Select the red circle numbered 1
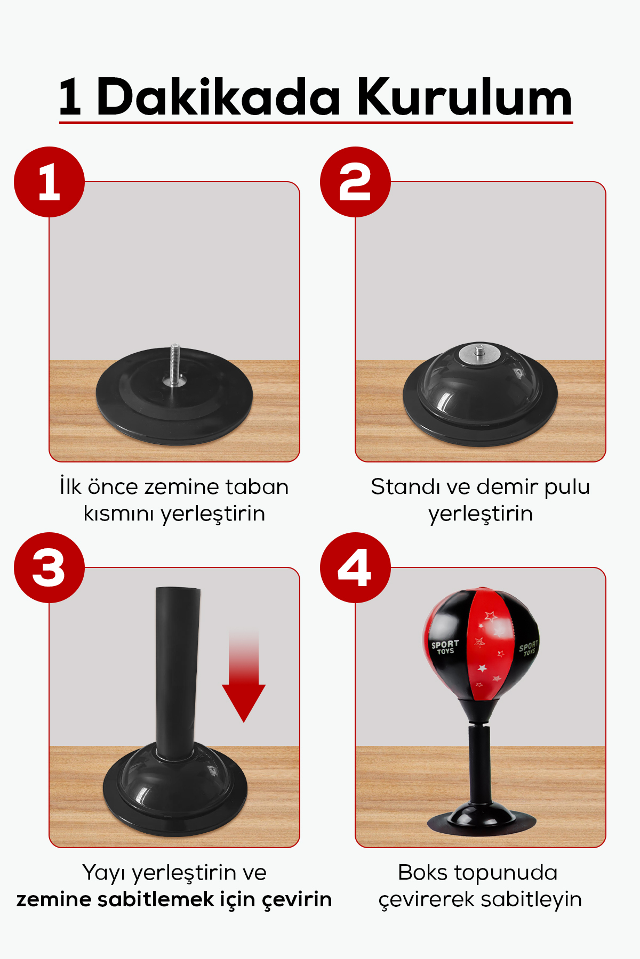pyautogui.click(x=49, y=182)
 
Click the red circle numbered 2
pyautogui.click(x=355, y=182)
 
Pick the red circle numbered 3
pyautogui.click(x=49, y=567)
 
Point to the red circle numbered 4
pyautogui.click(x=355, y=567)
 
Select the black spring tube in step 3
pyautogui.click(x=177, y=671)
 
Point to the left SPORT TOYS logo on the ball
pyautogui.click(x=445, y=647)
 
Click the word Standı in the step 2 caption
pyautogui.click(x=405, y=486)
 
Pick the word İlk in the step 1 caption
pyautogui.click(x=71, y=486)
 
